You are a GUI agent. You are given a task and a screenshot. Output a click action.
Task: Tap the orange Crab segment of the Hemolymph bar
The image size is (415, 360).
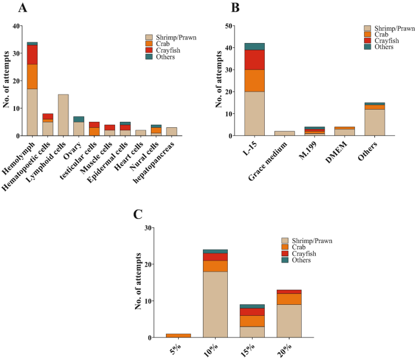(x=32, y=76)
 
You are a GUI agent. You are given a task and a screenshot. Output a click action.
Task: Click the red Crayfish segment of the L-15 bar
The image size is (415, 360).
(x=254, y=59)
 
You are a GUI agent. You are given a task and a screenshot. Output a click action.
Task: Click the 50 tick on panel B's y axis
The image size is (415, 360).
(x=228, y=26)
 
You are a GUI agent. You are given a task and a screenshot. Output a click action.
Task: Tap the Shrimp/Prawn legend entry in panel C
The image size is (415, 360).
(x=311, y=241)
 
